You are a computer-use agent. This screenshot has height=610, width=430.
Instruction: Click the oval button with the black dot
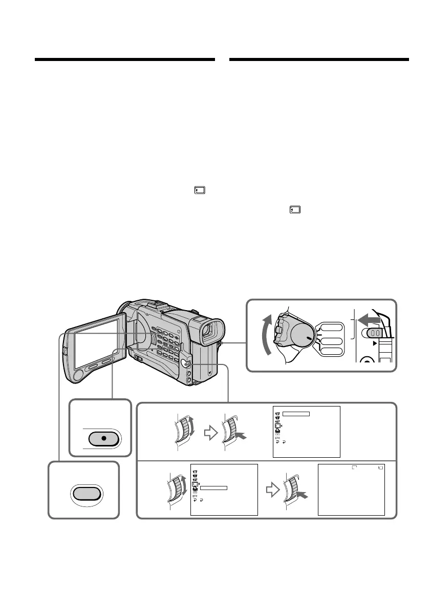coord(104,440)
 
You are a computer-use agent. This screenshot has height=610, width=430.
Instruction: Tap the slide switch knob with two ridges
coord(373,333)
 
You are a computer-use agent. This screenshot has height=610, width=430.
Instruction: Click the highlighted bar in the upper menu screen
coord(296,413)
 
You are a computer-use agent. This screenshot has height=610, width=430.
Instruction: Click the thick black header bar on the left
coord(124,60)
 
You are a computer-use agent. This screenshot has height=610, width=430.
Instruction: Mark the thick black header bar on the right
coord(319,60)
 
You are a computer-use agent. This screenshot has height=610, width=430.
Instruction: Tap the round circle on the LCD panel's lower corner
coord(79,375)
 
